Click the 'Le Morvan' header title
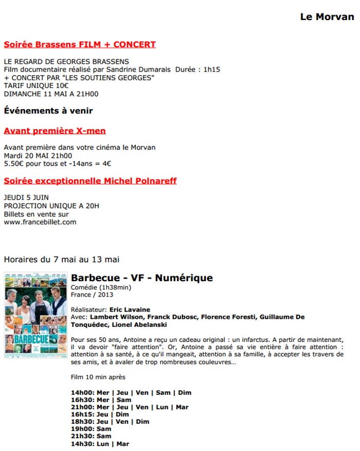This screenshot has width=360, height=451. point(327,17)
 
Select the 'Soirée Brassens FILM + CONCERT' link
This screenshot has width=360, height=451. point(80,44)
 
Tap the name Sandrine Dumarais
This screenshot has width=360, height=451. point(143,70)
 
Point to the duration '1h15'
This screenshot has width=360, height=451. point(211,70)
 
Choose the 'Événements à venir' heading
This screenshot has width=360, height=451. point(48,110)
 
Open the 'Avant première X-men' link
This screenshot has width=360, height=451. point(55,131)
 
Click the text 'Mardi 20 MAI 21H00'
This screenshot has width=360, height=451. point(38,155)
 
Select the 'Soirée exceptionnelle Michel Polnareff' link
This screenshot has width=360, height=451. point(90,181)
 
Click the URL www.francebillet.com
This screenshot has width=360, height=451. point(40,222)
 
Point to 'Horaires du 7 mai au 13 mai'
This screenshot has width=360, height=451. point(61,259)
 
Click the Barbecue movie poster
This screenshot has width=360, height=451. point(36,315)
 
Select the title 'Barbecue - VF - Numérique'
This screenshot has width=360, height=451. point(141,278)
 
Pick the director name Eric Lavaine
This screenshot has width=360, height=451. point(130,310)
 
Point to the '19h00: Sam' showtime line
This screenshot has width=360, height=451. point(91,428)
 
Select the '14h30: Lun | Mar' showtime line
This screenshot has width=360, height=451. point(100,444)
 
